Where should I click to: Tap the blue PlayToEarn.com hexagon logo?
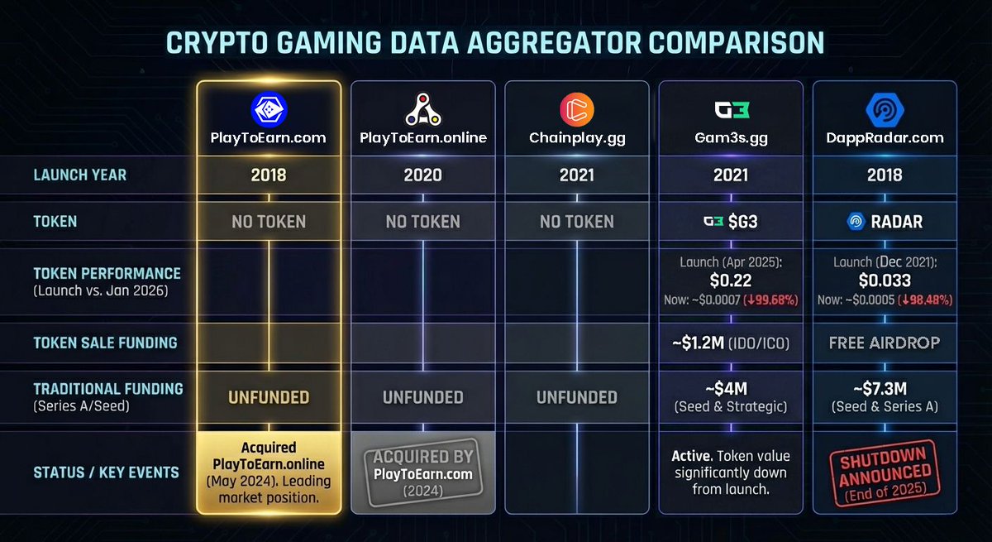pyautogui.click(x=269, y=110)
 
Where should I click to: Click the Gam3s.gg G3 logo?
pyautogui.click(x=730, y=110)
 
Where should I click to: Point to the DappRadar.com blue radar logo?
pyautogui.click(x=885, y=110)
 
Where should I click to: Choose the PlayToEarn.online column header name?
pyautogui.click(x=422, y=138)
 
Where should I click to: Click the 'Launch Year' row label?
pyautogui.click(x=81, y=175)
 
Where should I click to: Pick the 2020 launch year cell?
pyautogui.click(x=422, y=175)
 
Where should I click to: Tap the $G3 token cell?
pyautogui.click(x=730, y=222)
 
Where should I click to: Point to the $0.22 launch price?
pyautogui.click(x=730, y=281)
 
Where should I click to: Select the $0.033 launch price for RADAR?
pyautogui.click(x=885, y=281)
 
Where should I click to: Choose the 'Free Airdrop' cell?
pyautogui.click(x=885, y=343)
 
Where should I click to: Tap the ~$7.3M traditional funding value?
pyautogui.click(x=885, y=388)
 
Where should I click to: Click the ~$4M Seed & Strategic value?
pyautogui.click(x=730, y=388)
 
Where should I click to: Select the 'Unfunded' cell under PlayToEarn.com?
pyautogui.click(x=269, y=397)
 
